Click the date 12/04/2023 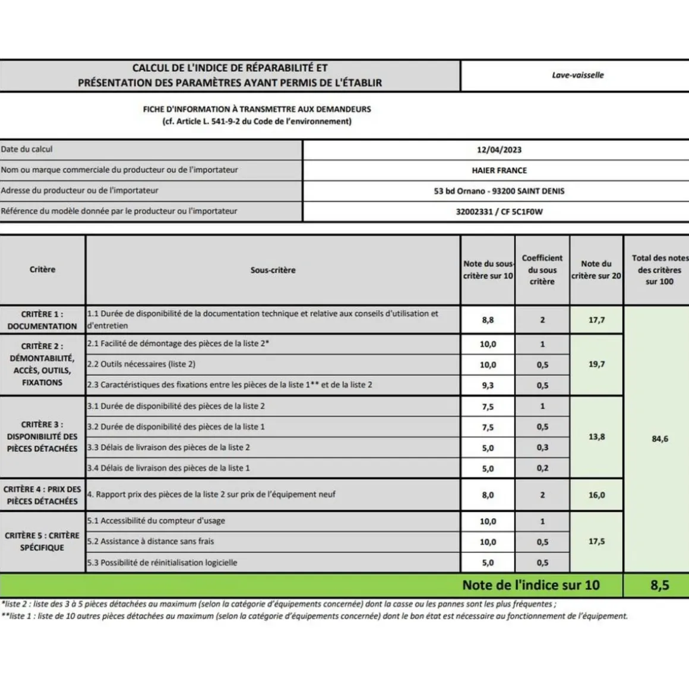coord(499,150)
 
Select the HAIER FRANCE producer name coord(499,170)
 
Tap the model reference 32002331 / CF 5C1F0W coord(499,211)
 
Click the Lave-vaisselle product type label coord(577,75)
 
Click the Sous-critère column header coord(273,270)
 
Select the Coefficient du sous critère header coord(542,270)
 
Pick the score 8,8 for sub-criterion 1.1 coord(488,320)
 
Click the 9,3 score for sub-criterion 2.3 coord(488,385)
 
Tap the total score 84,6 coord(660,439)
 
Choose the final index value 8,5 coord(659,585)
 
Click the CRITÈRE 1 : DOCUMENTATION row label coord(42,320)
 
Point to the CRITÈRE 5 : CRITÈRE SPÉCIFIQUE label coord(42,541)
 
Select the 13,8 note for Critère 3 coord(596,437)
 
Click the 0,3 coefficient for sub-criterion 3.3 coord(542,448)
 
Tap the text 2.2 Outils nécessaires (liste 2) coord(141,364)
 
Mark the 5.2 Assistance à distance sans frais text coord(151,541)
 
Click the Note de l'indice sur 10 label coord(531,585)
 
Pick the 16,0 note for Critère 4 coord(596,495)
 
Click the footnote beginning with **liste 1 coord(314,617)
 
